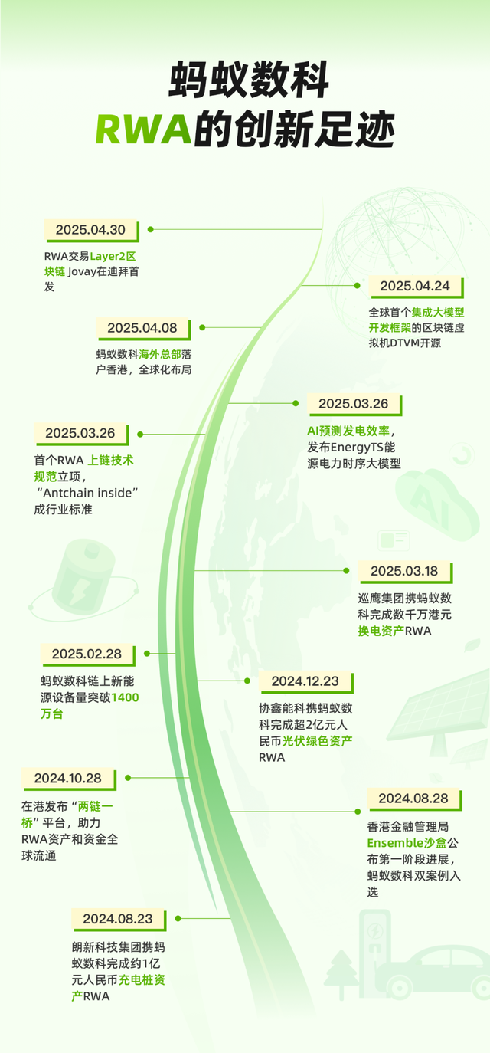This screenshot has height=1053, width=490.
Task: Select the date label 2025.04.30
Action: pyautogui.click(x=91, y=231)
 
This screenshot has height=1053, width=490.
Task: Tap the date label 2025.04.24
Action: pyautogui.click(x=415, y=287)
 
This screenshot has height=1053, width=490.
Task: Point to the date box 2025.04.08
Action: pyautogui.click(x=143, y=328)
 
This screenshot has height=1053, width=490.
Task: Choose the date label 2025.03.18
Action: pyautogui.click(x=405, y=572)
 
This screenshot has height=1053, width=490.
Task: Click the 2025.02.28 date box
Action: pyautogui.click(x=87, y=654)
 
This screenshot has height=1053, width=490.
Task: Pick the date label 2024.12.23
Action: pyautogui.click(x=305, y=681)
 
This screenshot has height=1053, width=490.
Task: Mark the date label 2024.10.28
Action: pyautogui.click(x=69, y=779)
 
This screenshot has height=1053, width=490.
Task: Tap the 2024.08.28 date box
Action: pyautogui.click(x=414, y=799)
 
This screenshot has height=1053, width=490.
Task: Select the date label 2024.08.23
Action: pyautogui.click(x=119, y=919)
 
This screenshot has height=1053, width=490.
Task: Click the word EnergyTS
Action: pyautogui.click(x=357, y=447)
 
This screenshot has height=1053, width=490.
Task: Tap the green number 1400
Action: pyautogui.click(x=126, y=697)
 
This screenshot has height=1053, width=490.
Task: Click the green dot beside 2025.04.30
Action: pyautogui.click(x=151, y=229)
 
